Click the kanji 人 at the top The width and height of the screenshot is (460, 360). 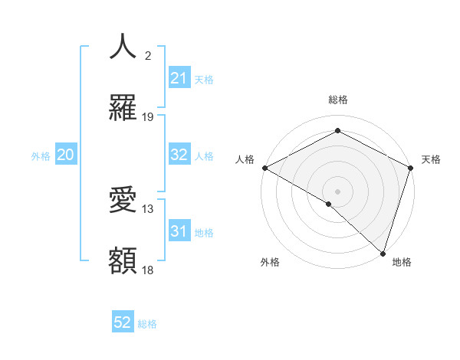click(123, 47)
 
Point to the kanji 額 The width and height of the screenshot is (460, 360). click(123, 261)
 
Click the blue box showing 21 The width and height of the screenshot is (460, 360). click(179, 78)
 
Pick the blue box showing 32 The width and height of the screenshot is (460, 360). click(179, 155)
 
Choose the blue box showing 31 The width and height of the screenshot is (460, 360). click(179, 231)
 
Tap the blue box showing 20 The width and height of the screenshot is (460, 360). click(65, 155)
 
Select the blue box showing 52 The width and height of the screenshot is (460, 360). click(123, 322)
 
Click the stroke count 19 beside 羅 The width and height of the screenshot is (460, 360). click(148, 117)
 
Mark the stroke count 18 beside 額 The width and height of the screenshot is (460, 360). click(148, 270)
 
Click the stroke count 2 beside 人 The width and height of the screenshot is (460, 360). click(148, 56)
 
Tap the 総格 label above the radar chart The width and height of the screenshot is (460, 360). click(337, 100)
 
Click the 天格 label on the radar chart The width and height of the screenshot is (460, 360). click(431, 159)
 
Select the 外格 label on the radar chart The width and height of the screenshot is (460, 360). click(269, 262)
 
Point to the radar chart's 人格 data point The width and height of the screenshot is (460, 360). click(264, 168)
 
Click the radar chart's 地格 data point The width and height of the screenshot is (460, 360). click(383, 254)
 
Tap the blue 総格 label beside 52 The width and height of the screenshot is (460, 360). click(147, 324)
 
